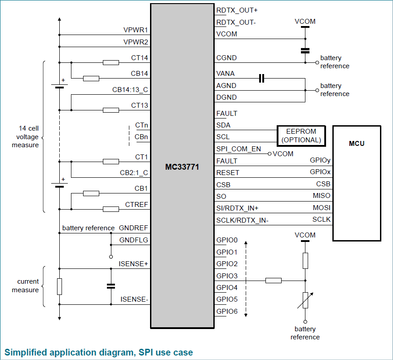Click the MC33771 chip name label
point(182,167)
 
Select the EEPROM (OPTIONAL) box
point(301,136)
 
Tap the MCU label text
point(357,144)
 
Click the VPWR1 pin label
point(136,30)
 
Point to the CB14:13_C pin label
point(130,89)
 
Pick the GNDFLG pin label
point(134,240)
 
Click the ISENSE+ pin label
point(134,264)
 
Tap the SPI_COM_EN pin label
point(238,149)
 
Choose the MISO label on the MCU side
point(322,196)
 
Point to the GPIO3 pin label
point(227,276)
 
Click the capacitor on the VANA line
point(262,79)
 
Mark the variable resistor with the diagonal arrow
point(305,300)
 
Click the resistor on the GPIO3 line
point(274,281)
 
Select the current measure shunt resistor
point(59,286)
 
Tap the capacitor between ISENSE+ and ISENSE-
point(110,285)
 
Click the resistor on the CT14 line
point(111,62)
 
